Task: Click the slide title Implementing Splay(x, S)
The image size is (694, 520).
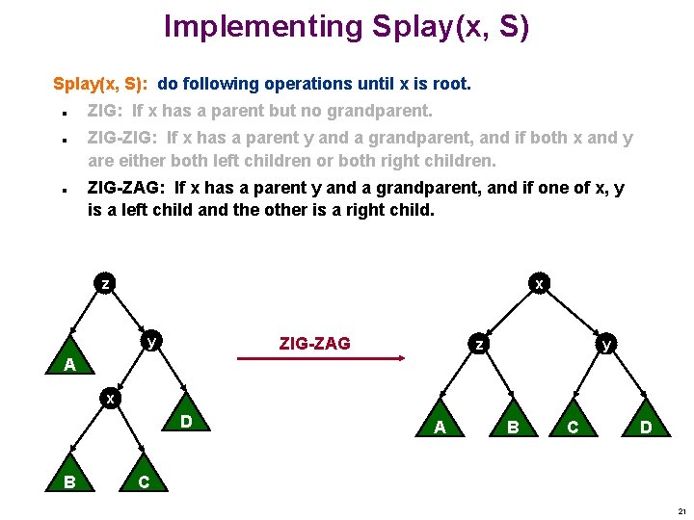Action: [346, 26]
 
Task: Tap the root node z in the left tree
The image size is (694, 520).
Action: [105, 284]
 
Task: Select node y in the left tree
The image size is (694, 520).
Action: [151, 341]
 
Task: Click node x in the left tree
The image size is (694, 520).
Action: [111, 399]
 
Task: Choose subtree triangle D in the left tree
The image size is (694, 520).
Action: [186, 420]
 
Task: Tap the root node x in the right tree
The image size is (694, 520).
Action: [540, 284]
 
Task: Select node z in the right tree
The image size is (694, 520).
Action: [477, 343]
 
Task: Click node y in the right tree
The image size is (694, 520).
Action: [605, 343]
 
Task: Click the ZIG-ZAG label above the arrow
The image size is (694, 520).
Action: [314, 343]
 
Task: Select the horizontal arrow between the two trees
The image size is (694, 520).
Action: [321, 359]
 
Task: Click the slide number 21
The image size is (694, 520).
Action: [681, 511]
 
